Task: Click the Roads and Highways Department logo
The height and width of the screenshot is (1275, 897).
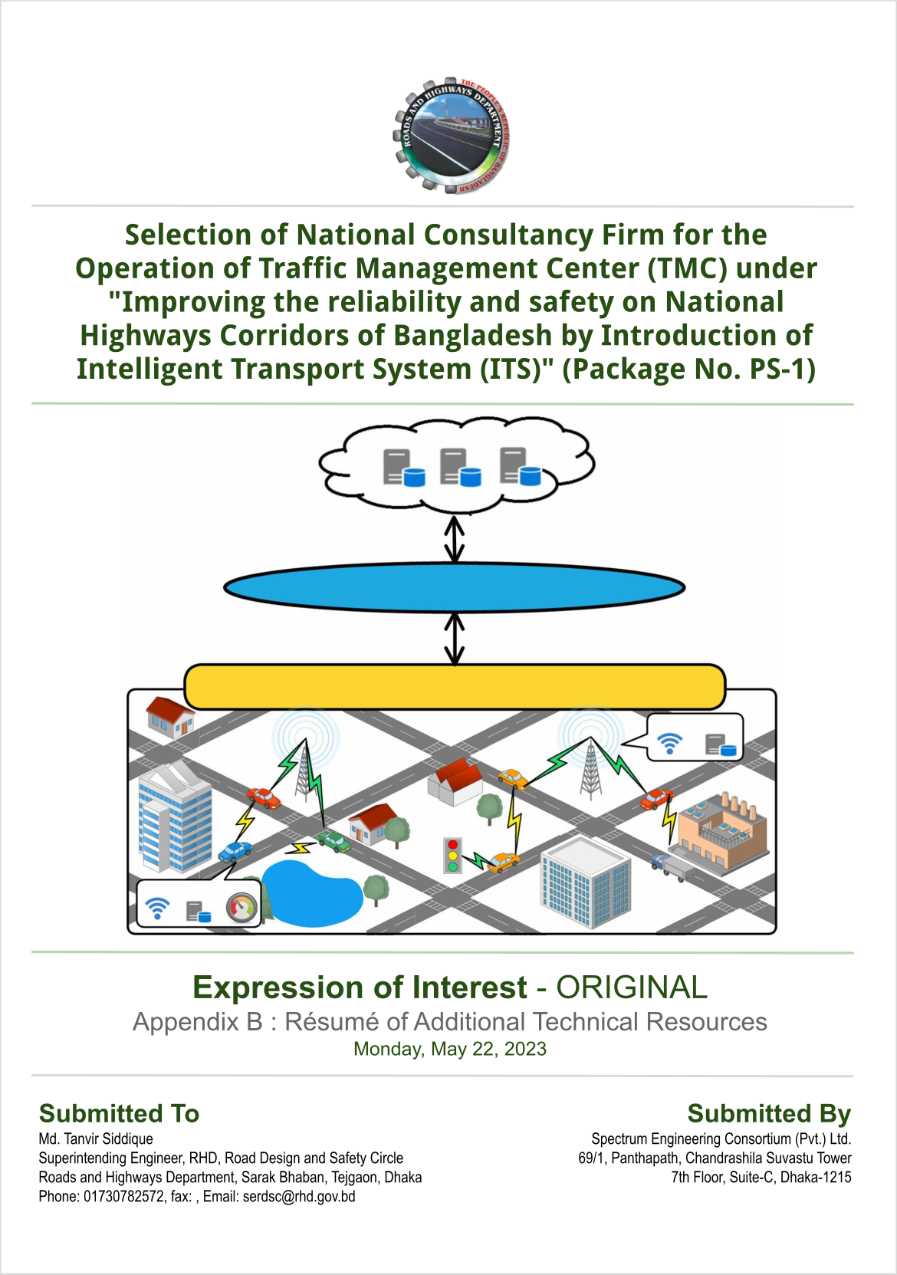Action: (451, 136)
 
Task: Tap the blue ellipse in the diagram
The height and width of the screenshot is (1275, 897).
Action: (454, 587)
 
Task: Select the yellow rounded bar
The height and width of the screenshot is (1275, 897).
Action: (455, 686)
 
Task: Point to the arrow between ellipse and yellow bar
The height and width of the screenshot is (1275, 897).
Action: (454, 639)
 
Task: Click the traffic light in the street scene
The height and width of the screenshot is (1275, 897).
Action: (452, 856)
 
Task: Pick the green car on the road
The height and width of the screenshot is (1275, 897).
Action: (334, 842)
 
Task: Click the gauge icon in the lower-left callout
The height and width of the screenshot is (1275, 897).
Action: (242, 908)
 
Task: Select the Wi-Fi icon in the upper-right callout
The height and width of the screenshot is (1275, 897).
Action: (670, 743)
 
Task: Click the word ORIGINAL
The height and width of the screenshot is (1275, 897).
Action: (632, 987)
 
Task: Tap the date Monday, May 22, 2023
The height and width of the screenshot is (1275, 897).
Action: (449, 1049)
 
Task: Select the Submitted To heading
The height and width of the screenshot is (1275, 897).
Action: (119, 1113)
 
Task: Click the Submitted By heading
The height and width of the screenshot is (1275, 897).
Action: (770, 1113)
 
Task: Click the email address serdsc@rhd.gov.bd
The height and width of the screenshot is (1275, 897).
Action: (299, 1197)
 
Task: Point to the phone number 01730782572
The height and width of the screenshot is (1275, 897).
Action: (123, 1197)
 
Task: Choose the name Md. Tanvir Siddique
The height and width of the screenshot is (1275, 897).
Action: (96, 1139)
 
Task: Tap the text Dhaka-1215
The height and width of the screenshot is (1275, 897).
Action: (816, 1177)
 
